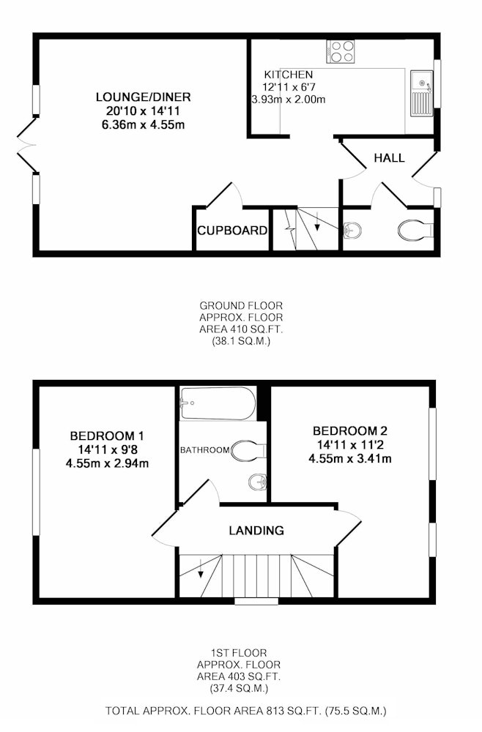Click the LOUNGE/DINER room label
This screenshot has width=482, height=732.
click(144, 97)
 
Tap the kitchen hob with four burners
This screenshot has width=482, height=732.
click(341, 51)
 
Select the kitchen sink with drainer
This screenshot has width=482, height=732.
click(422, 94)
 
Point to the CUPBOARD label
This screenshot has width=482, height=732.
click(232, 230)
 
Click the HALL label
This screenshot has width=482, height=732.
click(389, 158)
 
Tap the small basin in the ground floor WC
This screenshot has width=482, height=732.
click(352, 230)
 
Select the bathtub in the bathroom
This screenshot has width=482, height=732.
click(218, 403)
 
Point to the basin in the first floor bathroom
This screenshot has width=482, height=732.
click(257, 482)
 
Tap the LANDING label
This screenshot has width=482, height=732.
click(256, 530)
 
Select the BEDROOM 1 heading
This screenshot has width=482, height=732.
click(107, 436)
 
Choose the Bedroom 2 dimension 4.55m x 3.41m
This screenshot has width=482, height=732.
click(350, 458)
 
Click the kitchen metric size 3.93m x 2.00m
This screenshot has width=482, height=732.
click(288, 100)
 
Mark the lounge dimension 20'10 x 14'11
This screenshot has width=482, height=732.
click(143, 111)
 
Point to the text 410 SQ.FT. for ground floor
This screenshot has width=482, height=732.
click(241, 329)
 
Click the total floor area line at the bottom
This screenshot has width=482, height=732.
click(245, 711)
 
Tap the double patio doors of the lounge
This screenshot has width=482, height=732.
click(27, 145)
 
